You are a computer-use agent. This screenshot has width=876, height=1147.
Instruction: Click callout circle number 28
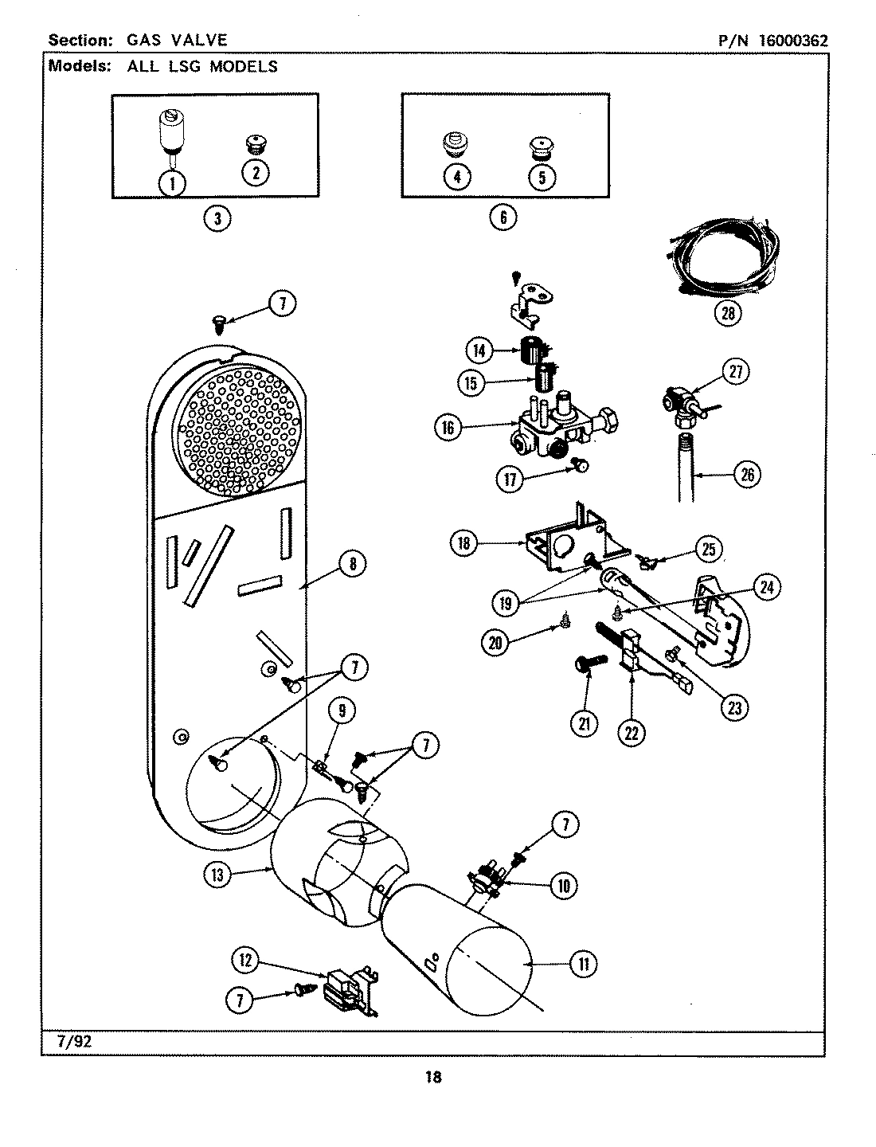click(727, 313)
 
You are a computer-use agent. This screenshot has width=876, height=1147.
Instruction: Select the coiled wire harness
click(720, 259)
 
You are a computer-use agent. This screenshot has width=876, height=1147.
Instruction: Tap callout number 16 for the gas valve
click(448, 428)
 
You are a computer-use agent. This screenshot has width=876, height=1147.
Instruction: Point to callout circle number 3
click(217, 217)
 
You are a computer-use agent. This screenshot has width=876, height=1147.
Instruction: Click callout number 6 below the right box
click(503, 217)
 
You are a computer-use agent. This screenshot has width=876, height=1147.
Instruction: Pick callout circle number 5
click(542, 176)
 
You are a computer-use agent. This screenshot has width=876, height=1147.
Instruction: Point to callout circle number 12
click(246, 961)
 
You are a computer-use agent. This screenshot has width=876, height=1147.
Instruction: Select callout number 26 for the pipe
click(746, 476)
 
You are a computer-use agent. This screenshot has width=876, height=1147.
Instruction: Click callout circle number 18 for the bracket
click(464, 544)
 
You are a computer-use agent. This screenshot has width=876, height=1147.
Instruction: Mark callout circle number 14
click(479, 350)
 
